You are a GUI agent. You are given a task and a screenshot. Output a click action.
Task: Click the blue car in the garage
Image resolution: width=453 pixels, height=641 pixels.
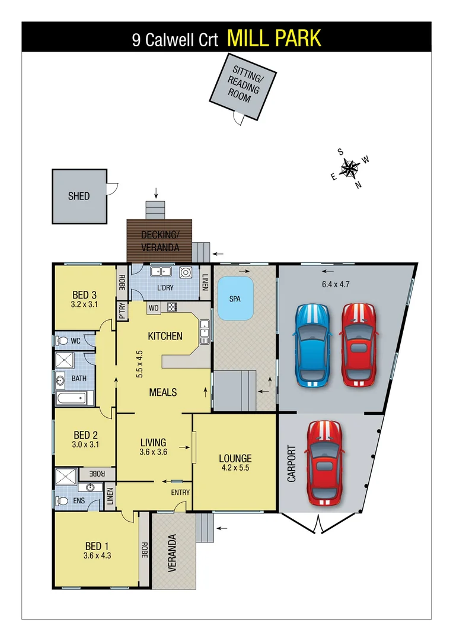pos(312,345)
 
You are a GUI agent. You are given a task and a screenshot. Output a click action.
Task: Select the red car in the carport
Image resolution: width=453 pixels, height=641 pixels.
pos(324,464)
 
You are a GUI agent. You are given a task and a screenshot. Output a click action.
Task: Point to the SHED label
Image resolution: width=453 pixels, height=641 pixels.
pos(79,196)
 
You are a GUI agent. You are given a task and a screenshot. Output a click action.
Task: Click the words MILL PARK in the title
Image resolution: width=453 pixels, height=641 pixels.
pos(274,38)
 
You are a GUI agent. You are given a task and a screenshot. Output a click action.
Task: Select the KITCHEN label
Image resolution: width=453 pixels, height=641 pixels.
pos(165,336)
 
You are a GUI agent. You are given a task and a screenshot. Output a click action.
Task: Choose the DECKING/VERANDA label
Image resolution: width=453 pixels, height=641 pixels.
pos(160,242)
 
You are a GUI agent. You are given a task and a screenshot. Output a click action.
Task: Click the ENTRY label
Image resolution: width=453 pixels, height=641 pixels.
pos(180,493)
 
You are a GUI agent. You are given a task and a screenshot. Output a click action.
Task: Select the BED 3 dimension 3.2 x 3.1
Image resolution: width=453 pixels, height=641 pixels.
pos(84,305)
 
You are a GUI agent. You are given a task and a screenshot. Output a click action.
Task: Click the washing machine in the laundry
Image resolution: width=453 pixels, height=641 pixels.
pos(186,273)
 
